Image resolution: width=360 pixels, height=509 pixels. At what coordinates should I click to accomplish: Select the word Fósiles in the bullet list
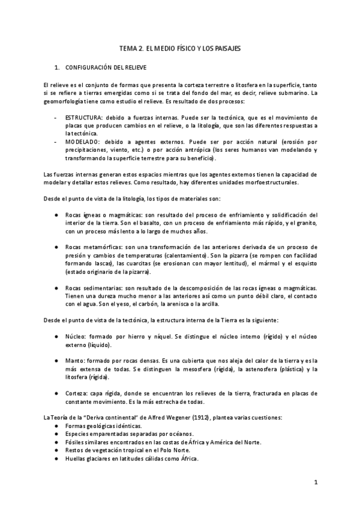[76, 442]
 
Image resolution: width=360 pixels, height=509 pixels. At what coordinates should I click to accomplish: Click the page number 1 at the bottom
[316, 483]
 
